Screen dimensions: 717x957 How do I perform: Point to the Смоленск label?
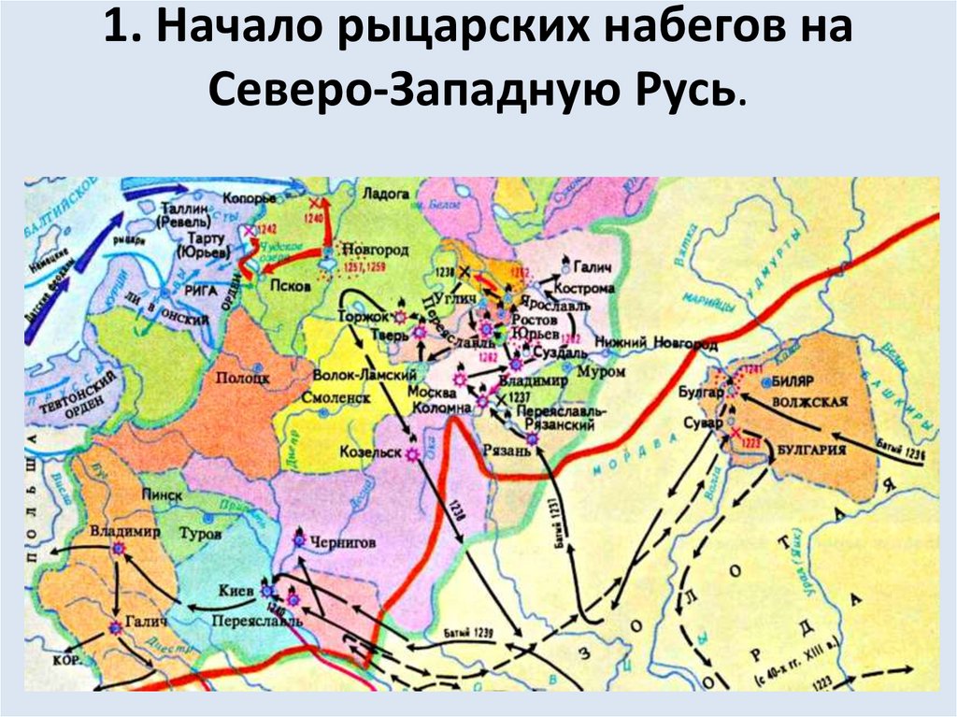pos(335,396)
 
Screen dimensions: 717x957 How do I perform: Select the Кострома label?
pos(584,283)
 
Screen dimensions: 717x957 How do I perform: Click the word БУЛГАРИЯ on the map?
pos(810,451)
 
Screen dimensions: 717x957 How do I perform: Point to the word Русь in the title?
pos(688,92)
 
